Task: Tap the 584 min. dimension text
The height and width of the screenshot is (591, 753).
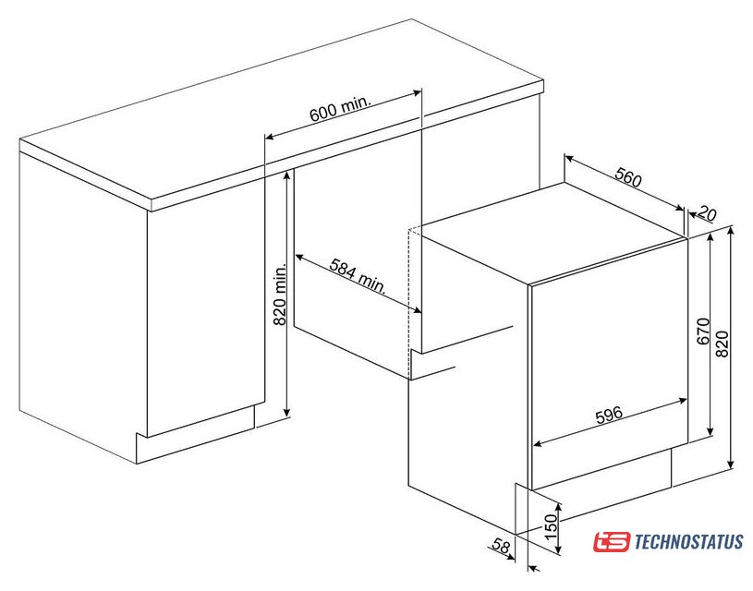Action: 358,275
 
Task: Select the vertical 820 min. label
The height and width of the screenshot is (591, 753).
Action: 280,294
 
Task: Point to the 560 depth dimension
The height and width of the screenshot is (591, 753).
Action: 628,177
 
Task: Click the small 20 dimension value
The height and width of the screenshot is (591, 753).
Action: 708,212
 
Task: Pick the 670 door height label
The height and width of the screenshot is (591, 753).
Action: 702,331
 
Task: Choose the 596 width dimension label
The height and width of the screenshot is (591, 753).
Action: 609,415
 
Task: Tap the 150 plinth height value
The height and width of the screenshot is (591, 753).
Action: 551,525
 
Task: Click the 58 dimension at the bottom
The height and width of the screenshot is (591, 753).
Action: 501,546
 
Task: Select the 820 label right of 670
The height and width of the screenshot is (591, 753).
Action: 722,344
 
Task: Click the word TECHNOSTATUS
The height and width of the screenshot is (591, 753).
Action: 689,542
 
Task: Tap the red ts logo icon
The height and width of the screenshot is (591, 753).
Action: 611,541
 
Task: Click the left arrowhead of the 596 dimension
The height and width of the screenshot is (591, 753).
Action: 538,443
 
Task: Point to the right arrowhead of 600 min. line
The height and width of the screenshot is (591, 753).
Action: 417,92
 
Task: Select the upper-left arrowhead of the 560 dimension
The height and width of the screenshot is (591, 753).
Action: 568,158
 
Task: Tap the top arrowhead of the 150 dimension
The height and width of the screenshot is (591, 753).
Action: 558,508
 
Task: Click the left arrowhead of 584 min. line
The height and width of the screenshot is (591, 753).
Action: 299,257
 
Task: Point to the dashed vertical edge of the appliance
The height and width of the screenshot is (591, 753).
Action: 408,303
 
